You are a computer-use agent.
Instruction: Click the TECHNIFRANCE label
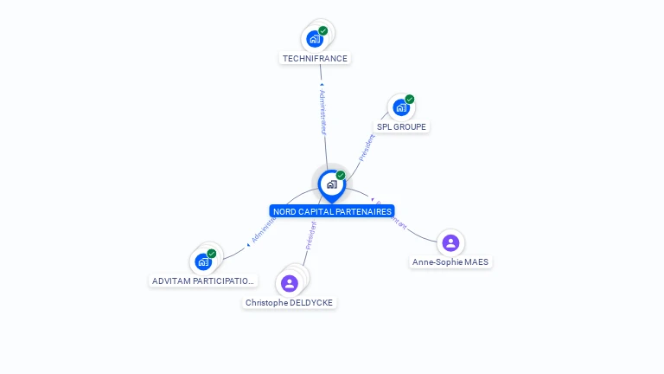(315, 59)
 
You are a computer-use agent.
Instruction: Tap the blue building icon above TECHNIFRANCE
(315, 39)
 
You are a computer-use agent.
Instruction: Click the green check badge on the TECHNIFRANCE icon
(323, 31)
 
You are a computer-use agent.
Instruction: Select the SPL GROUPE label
(401, 126)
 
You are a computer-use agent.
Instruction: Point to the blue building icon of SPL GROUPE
(400, 107)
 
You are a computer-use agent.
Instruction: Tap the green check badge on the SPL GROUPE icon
(410, 99)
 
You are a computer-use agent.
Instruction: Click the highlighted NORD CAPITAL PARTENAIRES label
(332, 211)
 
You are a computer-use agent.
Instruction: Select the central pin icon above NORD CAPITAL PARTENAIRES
(331, 184)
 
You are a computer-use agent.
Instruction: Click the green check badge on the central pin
(341, 176)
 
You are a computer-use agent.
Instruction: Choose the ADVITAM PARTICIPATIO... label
(203, 280)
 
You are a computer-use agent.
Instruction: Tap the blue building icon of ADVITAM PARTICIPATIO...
(203, 261)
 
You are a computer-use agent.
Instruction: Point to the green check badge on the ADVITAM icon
(212, 254)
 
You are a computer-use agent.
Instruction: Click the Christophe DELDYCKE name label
(289, 302)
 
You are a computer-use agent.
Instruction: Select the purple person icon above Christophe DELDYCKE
(290, 283)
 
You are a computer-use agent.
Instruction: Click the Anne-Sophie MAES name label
(450, 261)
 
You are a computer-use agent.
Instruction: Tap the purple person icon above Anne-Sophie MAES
(450, 242)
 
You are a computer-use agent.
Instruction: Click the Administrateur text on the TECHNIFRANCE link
(322, 111)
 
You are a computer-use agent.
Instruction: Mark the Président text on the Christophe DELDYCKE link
(310, 236)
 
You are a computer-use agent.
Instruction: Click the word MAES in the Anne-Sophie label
(477, 261)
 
